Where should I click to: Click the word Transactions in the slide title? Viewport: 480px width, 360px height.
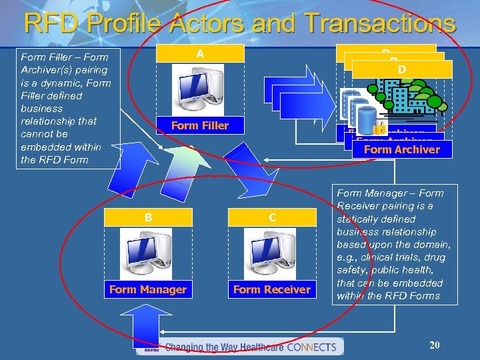point(379,23)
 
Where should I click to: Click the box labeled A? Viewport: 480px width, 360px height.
point(200,53)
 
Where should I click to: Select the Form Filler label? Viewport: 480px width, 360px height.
point(200,125)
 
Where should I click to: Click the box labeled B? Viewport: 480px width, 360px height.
point(148,217)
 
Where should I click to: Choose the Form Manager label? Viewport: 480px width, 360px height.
point(148,289)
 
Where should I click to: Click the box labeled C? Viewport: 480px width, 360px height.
point(272,217)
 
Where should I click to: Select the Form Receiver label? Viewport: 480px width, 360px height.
point(272,289)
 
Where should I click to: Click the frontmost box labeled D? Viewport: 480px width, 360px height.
point(402,69)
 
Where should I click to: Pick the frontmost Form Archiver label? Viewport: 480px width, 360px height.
point(402,149)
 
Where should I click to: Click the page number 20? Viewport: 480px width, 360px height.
point(435,345)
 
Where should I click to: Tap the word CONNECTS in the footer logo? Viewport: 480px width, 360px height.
point(313,347)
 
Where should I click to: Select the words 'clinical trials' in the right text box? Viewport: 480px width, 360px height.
point(389,257)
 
